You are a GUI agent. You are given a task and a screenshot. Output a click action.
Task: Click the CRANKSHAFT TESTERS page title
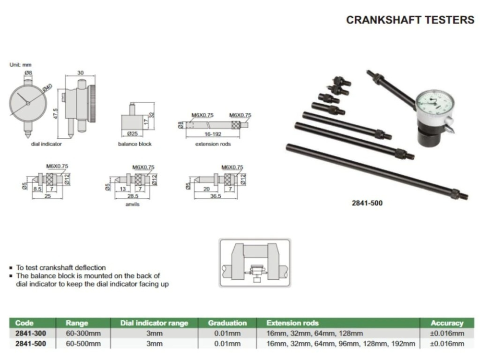click(410, 20)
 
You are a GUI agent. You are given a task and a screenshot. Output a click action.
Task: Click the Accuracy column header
click(447, 323)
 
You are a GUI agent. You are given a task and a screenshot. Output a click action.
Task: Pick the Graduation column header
click(227, 323)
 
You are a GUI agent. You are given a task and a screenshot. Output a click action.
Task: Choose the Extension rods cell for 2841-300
click(314, 334)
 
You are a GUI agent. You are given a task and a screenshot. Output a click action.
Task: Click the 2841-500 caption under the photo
click(367, 203)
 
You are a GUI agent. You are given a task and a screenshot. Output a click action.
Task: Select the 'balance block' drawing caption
click(134, 144)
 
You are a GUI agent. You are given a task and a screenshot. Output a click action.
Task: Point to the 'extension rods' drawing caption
click(213, 144)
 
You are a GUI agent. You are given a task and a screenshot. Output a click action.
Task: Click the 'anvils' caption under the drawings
click(132, 204)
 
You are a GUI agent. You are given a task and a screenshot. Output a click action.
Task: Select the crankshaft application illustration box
click(255, 263)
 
